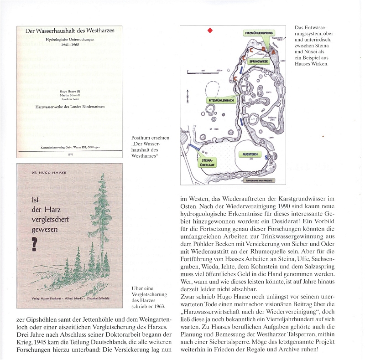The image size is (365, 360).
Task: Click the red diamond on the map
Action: click(x=210, y=31)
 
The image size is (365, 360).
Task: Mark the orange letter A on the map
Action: click(x=274, y=51)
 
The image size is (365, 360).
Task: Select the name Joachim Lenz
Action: click(x=69, y=99)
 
